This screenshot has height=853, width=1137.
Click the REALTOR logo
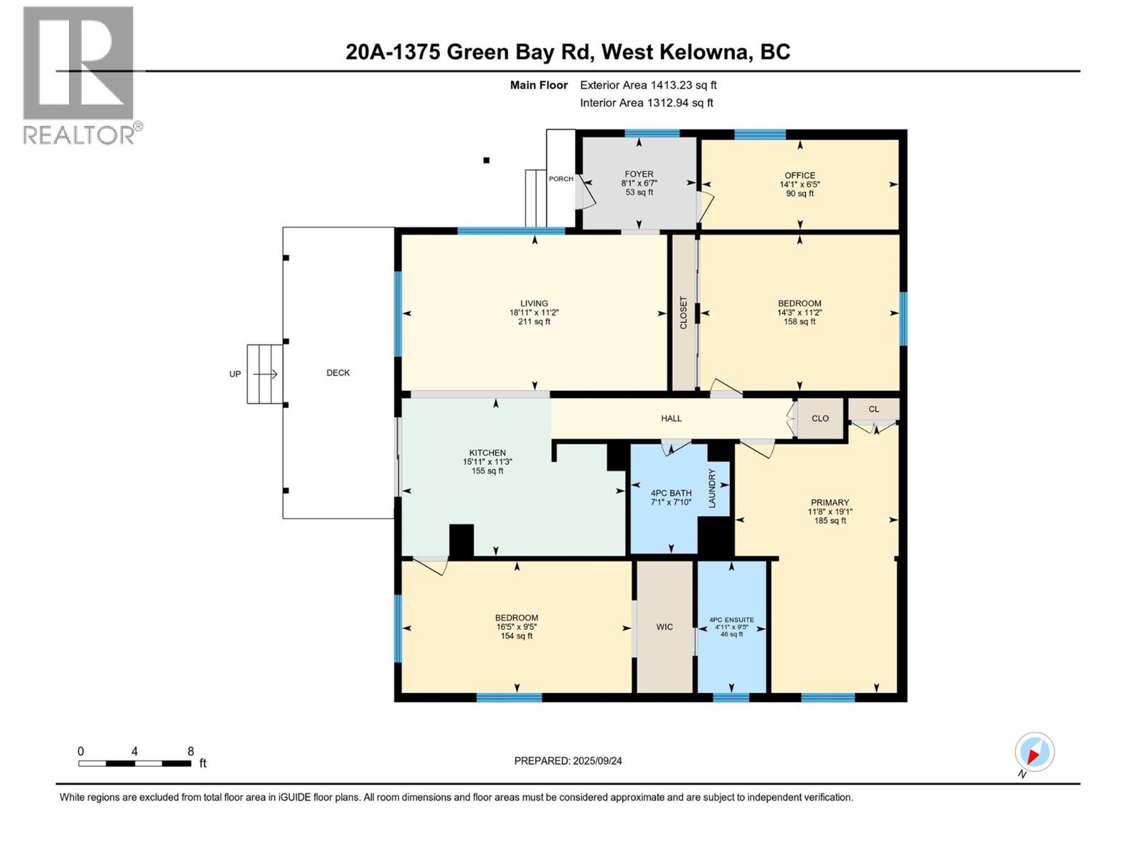click(x=79, y=75)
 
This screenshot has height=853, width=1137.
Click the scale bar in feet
click(x=135, y=763)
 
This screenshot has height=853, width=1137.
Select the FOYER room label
click(x=639, y=174)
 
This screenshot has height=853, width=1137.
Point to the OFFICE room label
click(x=799, y=176)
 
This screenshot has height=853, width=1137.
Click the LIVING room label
click(x=534, y=304)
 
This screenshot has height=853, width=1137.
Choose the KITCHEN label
click(x=487, y=453)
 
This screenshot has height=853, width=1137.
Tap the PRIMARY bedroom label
click(x=829, y=503)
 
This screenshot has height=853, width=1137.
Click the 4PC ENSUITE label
click(x=731, y=620)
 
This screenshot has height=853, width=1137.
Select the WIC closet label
click(x=664, y=627)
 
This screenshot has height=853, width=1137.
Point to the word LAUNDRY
click(x=712, y=488)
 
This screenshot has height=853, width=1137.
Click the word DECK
click(x=338, y=373)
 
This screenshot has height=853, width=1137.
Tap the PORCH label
click(x=561, y=179)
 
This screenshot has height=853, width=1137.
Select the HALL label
click(x=672, y=419)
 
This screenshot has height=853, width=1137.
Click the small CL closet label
click(x=873, y=409)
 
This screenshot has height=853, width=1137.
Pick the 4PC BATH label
click(x=671, y=493)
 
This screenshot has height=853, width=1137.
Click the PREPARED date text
click(x=568, y=761)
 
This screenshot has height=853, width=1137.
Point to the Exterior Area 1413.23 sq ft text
click(x=648, y=85)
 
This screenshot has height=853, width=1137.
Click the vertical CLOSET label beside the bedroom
click(x=684, y=313)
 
